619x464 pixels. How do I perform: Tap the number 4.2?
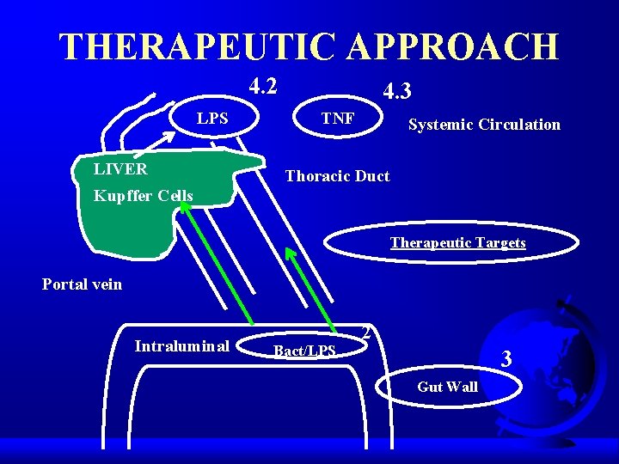pyautogui.click(x=263, y=86)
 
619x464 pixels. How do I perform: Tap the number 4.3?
pyautogui.click(x=397, y=90)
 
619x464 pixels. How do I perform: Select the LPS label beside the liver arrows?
pyautogui.click(x=212, y=119)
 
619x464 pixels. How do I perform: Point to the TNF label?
pyautogui.click(x=337, y=119)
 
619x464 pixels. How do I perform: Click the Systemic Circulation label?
pyautogui.click(x=484, y=125)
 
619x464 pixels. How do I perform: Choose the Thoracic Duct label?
pyautogui.click(x=337, y=176)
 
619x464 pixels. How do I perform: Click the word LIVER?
pyautogui.click(x=120, y=169)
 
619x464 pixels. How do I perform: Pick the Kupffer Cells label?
pyautogui.click(x=143, y=196)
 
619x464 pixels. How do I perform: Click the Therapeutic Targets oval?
pyautogui.click(x=457, y=242)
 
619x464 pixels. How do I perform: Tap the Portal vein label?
pyautogui.click(x=83, y=284)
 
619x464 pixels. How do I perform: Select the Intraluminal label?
pyautogui.click(x=181, y=346)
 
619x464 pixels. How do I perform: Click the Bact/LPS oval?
pyautogui.click(x=304, y=350)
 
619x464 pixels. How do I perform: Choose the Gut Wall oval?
pyautogui.click(x=447, y=387)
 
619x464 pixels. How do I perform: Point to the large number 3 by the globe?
pyautogui.click(x=506, y=359)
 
